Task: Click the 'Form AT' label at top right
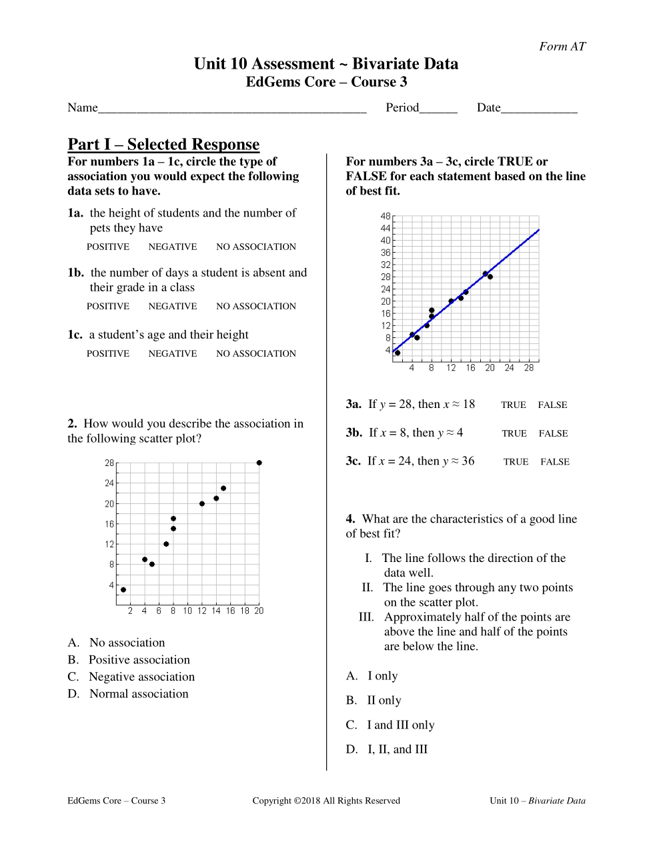click(x=562, y=46)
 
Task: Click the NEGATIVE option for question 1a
click(x=173, y=247)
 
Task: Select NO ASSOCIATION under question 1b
click(x=256, y=306)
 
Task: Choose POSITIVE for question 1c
click(x=108, y=353)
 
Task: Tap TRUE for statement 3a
click(x=514, y=405)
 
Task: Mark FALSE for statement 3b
click(x=554, y=433)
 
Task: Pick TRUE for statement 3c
click(x=516, y=461)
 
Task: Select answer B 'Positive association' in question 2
click(x=139, y=659)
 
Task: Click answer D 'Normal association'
click(x=138, y=693)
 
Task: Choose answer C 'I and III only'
click(x=400, y=725)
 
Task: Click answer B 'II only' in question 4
click(x=384, y=700)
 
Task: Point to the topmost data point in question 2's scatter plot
click(x=259, y=463)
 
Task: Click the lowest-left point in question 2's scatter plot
click(x=123, y=589)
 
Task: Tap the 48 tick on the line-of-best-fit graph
click(x=386, y=216)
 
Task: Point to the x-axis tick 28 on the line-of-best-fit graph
click(x=529, y=367)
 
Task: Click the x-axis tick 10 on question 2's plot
click(x=187, y=611)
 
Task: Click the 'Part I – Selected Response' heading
click(x=163, y=144)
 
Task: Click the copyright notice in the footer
click(x=326, y=801)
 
